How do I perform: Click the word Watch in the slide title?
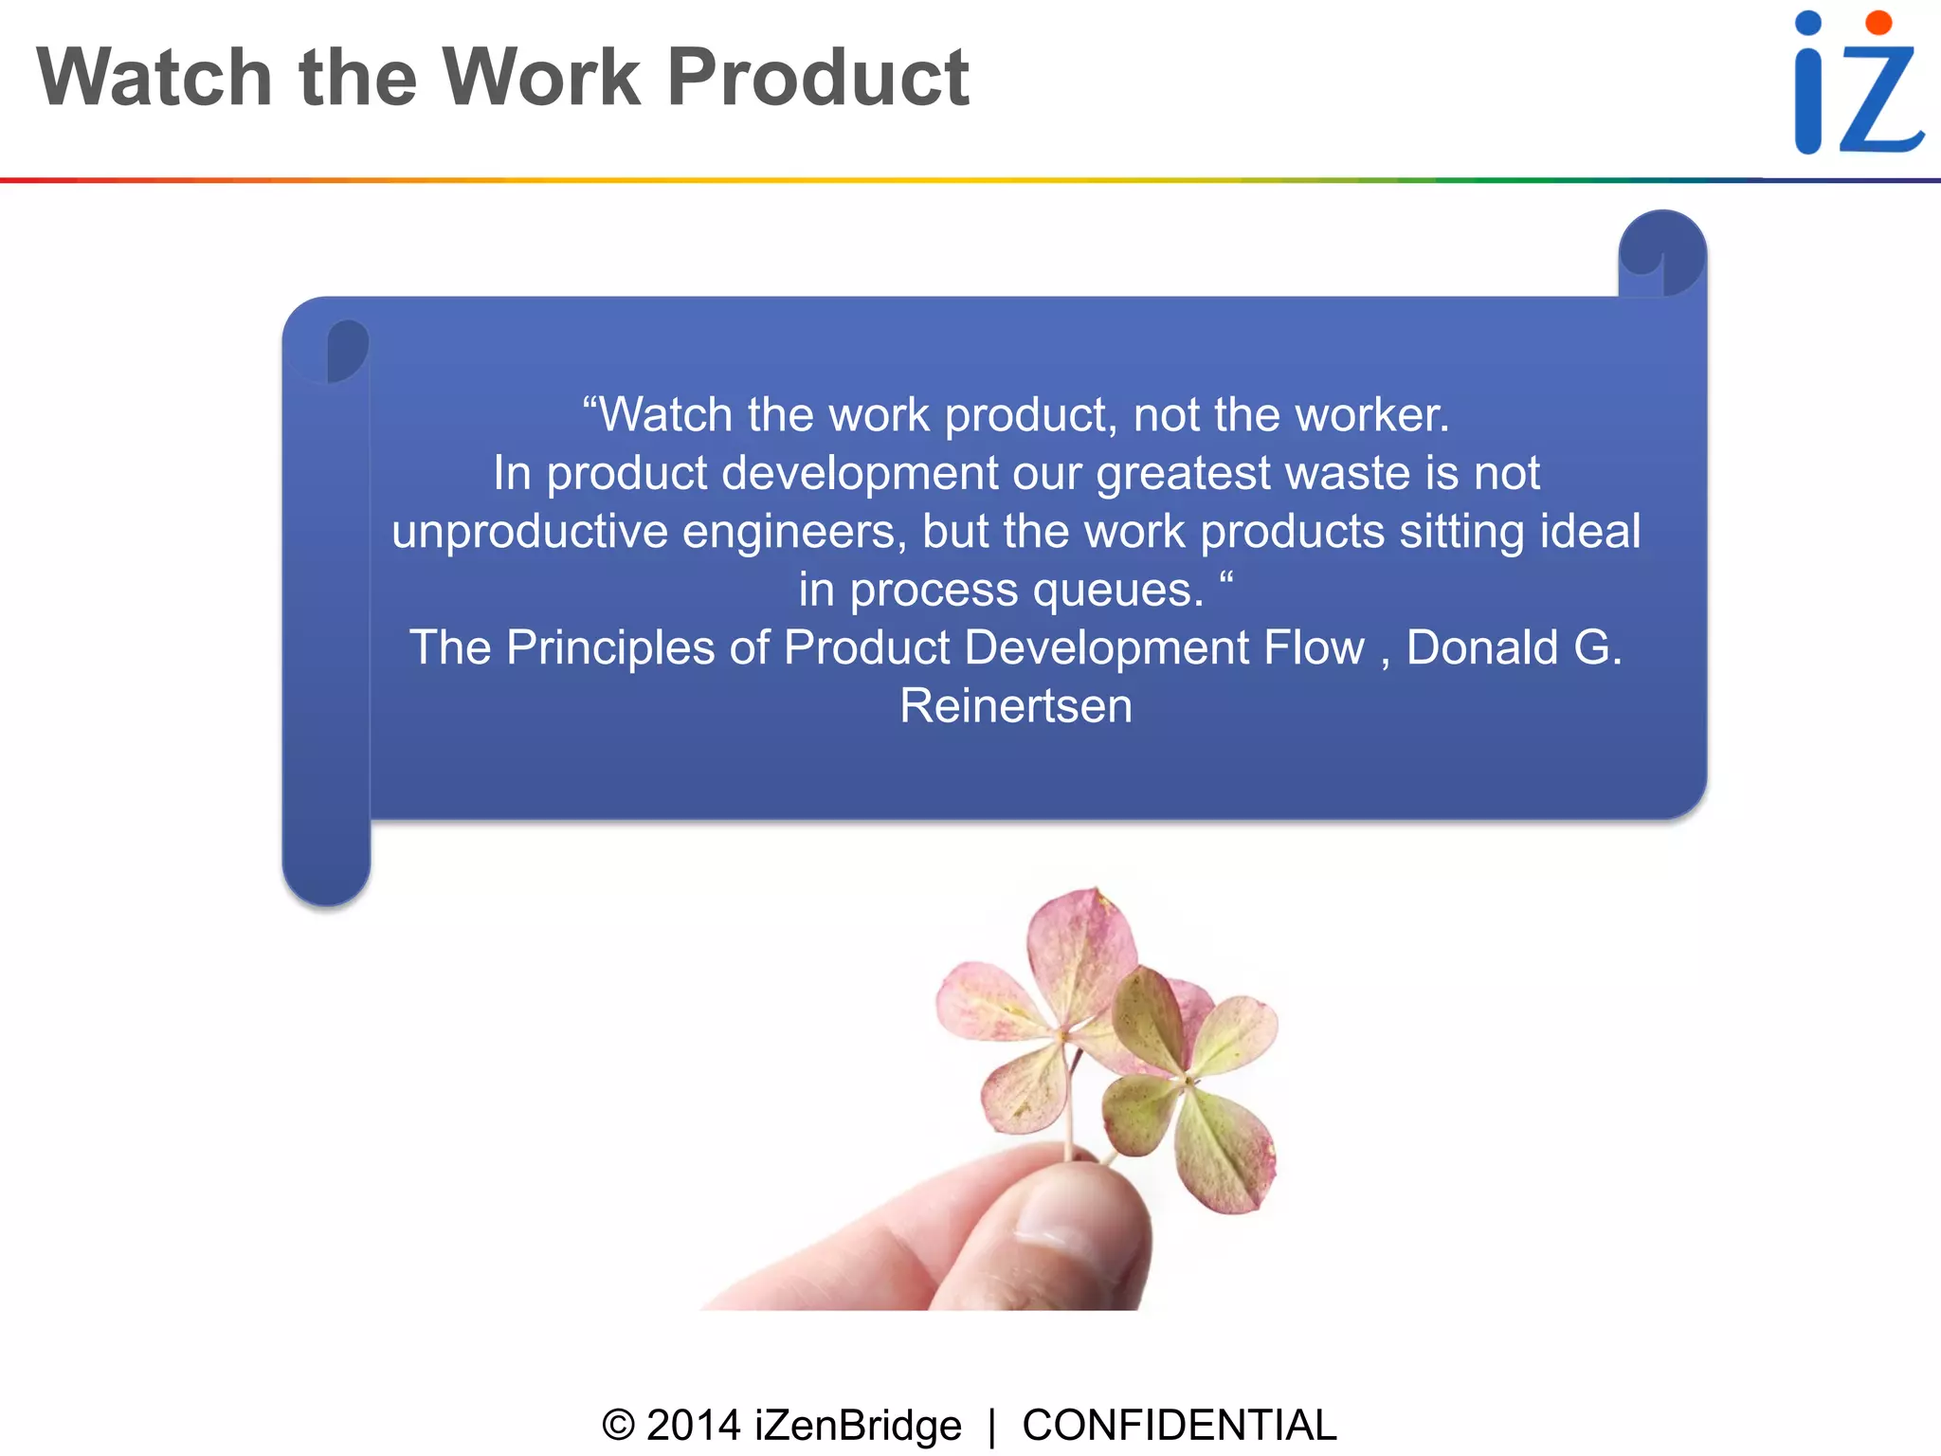point(154,78)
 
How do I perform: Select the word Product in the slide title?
point(817,78)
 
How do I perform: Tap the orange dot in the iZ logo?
point(1878,23)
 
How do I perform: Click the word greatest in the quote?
point(1183,473)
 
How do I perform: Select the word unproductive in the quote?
point(530,532)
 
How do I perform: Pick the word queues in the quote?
point(1117,591)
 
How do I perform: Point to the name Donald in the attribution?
point(1482,648)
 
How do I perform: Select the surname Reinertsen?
point(1015,706)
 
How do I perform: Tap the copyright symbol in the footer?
point(618,1425)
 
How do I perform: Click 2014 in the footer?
point(693,1425)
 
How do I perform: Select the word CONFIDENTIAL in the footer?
point(1179,1425)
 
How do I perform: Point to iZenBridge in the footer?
point(858,1425)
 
